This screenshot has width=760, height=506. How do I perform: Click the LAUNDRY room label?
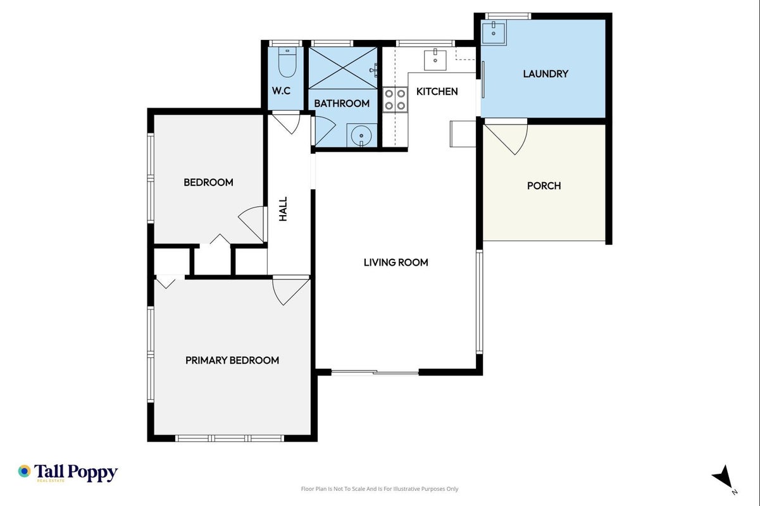click(545, 74)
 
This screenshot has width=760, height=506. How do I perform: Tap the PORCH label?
click(544, 186)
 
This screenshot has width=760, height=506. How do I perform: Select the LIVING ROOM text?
click(396, 262)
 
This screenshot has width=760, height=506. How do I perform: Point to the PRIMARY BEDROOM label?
click(232, 360)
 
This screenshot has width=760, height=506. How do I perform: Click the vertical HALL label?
click(283, 209)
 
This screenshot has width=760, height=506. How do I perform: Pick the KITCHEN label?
click(437, 91)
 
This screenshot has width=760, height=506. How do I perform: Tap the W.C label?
click(281, 91)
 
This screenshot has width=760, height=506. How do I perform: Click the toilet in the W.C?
click(287, 63)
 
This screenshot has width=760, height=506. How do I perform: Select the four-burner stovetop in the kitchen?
click(395, 99)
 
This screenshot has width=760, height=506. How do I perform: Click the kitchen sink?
click(435, 59)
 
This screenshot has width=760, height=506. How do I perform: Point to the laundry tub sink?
click(494, 32)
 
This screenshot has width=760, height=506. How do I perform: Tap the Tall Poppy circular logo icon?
click(25, 471)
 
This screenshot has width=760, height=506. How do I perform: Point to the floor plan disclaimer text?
click(380, 489)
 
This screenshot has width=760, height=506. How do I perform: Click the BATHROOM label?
click(342, 104)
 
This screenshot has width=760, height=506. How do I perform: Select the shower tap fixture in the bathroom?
click(373, 70)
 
